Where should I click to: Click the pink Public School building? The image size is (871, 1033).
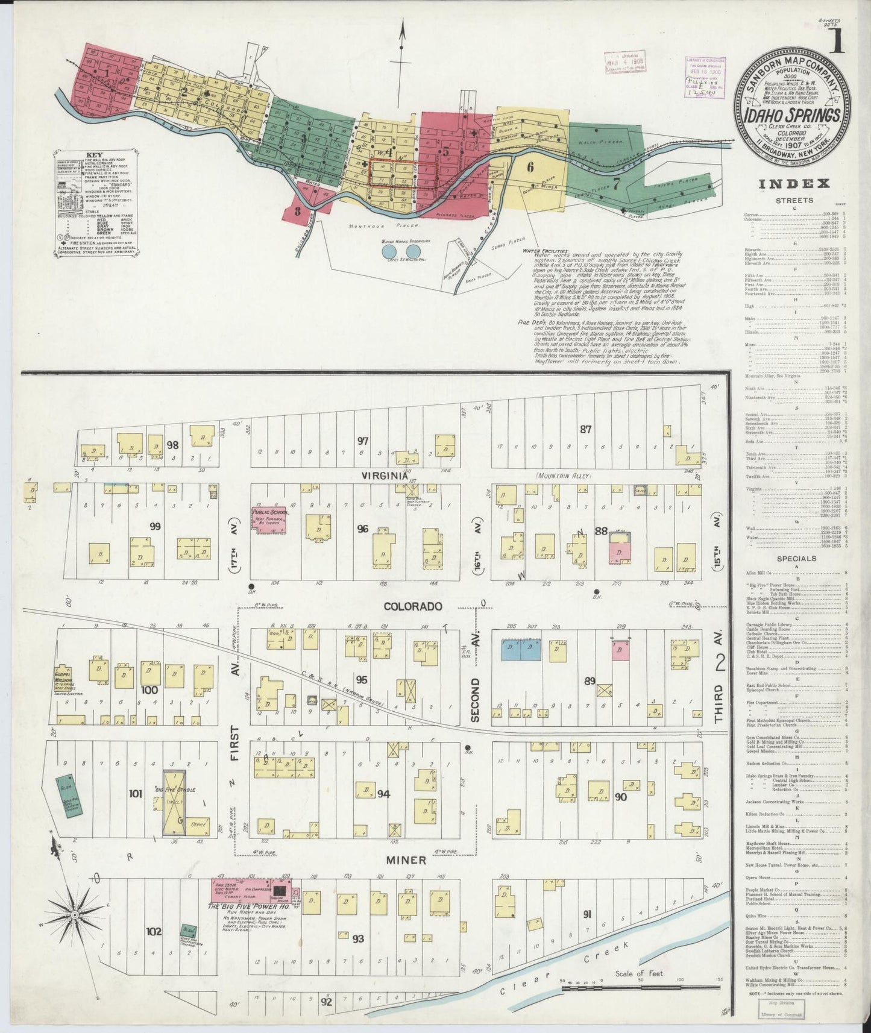(x=269, y=519)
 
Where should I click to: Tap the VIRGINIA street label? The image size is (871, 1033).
(x=381, y=475)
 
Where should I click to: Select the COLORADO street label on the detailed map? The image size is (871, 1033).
(x=413, y=606)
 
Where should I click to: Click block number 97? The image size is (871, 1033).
(x=362, y=441)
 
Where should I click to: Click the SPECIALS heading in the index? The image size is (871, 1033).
(x=796, y=558)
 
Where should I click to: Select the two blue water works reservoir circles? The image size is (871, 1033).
(x=401, y=250)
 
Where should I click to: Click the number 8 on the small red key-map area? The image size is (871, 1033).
(x=298, y=212)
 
